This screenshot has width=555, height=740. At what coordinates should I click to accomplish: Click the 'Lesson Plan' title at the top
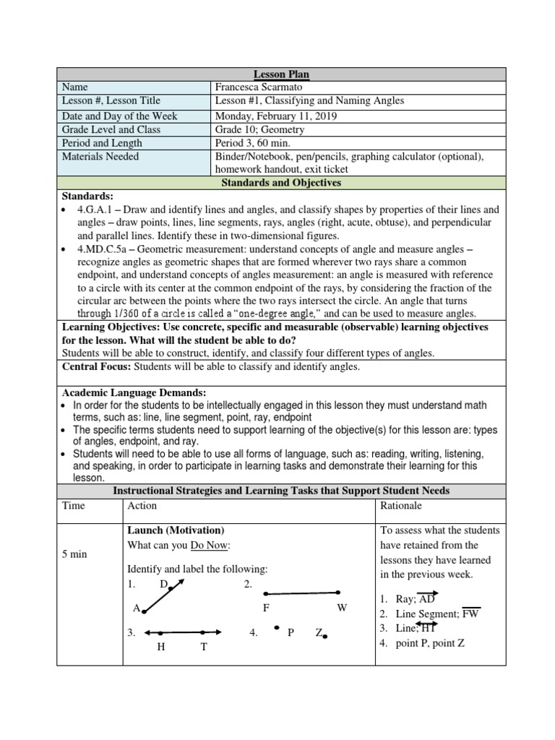(281, 74)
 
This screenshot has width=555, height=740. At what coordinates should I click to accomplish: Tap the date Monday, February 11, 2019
(276, 116)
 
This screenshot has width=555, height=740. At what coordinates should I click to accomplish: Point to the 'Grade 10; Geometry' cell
(259, 129)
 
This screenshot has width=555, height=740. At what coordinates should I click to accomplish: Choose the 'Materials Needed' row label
(100, 156)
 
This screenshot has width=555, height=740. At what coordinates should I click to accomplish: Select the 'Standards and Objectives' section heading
(281, 183)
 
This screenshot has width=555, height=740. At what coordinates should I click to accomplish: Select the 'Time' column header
(73, 506)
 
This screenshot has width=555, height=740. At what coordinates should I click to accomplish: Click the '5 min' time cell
(74, 554)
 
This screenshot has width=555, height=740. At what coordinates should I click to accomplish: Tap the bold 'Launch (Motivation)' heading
(176, 530)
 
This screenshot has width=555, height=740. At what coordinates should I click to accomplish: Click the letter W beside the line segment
(342, 608)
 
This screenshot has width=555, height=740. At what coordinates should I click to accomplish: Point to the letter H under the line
(161, 647)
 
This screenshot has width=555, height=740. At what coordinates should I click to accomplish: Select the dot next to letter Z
(326, 637)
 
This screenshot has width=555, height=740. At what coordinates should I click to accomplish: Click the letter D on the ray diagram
(163, 584)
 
